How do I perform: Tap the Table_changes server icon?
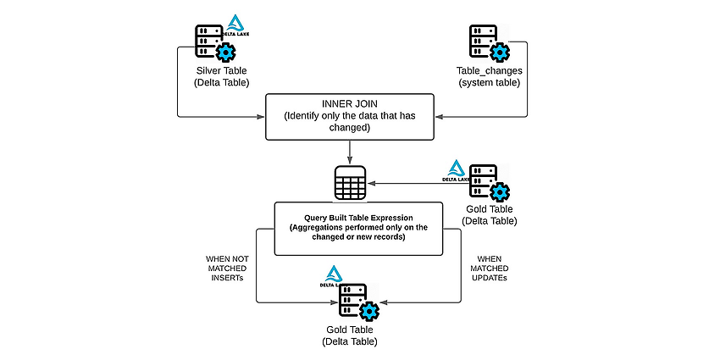(489, 43)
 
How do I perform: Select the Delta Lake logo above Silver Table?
(235, 25)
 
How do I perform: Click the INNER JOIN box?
(350, 117)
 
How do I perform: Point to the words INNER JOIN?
(350, 104)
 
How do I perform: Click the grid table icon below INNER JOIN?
(350, 183)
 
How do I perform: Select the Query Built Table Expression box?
(358, 229)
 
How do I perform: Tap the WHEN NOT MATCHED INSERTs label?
(227, 269)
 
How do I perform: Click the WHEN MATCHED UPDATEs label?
(493, 269)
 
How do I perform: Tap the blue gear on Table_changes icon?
(500, 53)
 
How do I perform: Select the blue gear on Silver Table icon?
(225, 53)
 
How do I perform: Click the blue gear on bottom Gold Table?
(368, 312)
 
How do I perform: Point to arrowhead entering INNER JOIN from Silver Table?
(261, 117)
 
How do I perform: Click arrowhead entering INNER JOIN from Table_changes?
(439, 117)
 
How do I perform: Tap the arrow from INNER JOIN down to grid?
(350, 152)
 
